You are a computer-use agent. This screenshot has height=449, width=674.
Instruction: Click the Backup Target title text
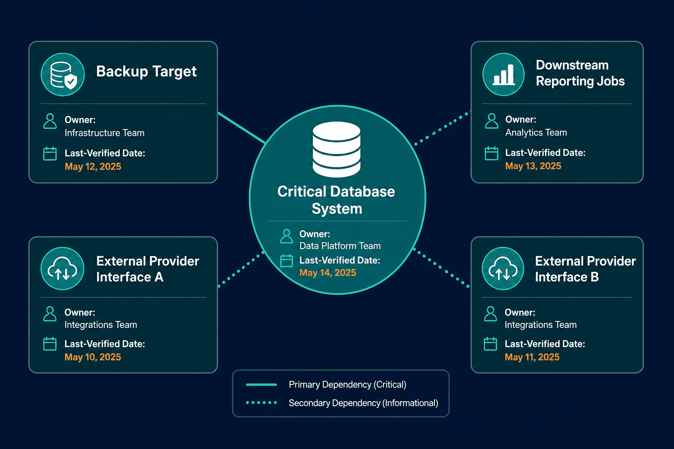click(x=146, y=71)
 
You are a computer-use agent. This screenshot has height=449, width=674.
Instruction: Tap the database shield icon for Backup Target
click(x=63, y=75)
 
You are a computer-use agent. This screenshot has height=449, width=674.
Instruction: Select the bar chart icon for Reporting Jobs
click(x=503, y=75)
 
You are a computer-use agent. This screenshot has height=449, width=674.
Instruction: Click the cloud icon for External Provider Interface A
click(x=62, y=268)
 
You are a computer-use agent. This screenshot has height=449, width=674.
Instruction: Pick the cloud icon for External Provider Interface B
click(x=503, y=268)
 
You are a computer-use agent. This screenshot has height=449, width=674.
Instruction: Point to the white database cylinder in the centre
click(x=337, y=150)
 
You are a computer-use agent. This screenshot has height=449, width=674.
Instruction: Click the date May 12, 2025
click(x=93, y=167)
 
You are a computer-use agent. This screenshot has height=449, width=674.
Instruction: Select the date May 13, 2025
click(x=533, y=166)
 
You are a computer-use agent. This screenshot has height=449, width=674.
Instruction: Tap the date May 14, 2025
click(x=328, y=273)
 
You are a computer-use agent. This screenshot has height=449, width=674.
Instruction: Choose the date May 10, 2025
click(x=93, y=357)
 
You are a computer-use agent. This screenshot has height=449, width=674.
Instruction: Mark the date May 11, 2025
click(x=532, y=357)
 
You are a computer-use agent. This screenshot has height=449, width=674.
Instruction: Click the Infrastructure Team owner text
click(x=104, y=133)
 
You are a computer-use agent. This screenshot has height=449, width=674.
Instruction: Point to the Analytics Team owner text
click(x=536, y=132)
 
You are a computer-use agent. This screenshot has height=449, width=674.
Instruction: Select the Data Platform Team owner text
click(x=340, y=246)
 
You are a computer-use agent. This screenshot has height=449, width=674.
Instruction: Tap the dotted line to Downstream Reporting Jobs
click(x=442, y=128)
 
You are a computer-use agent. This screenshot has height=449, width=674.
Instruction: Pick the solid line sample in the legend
click(x=261, y=385)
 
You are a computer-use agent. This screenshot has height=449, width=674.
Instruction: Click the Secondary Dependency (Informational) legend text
click(x=363, y=403)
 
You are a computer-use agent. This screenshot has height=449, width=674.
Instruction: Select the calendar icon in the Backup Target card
click(x=50, y=153)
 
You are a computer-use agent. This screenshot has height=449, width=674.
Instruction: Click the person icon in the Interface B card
click(x=491, y=314)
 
